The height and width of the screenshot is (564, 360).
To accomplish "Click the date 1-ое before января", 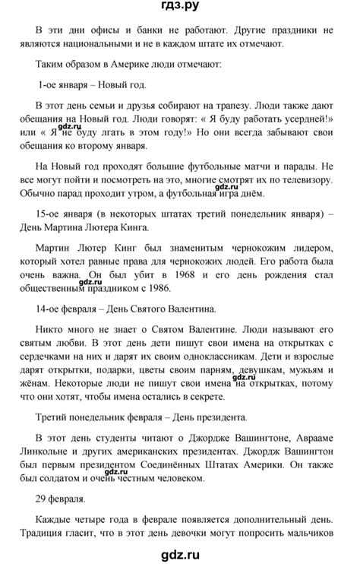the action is pyautogui.click(x=52, y=86).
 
